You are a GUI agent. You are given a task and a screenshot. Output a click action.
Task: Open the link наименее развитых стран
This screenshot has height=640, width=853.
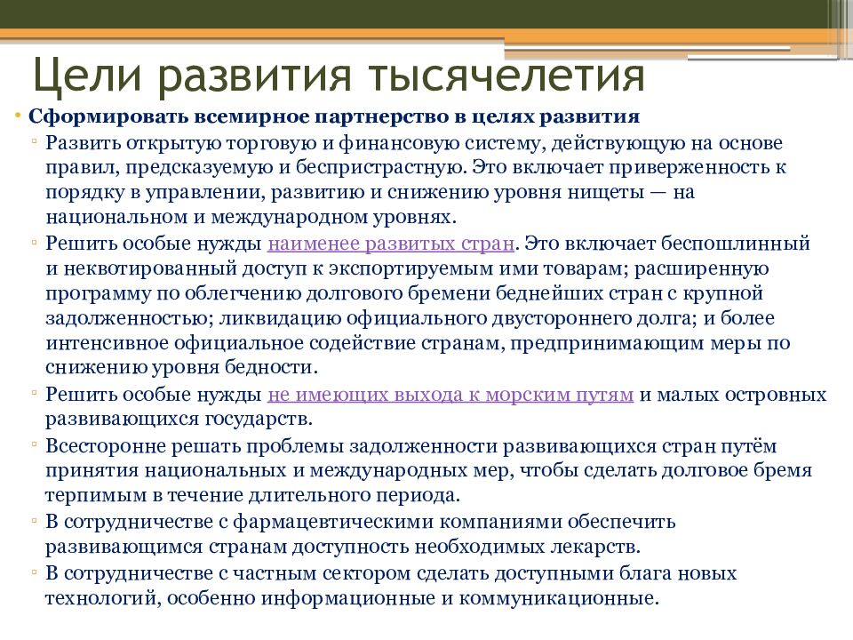[391, 242]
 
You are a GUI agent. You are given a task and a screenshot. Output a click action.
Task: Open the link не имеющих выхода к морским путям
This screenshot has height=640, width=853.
[450, 395]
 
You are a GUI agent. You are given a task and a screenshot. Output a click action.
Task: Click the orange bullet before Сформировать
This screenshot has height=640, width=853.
[19, 117]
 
